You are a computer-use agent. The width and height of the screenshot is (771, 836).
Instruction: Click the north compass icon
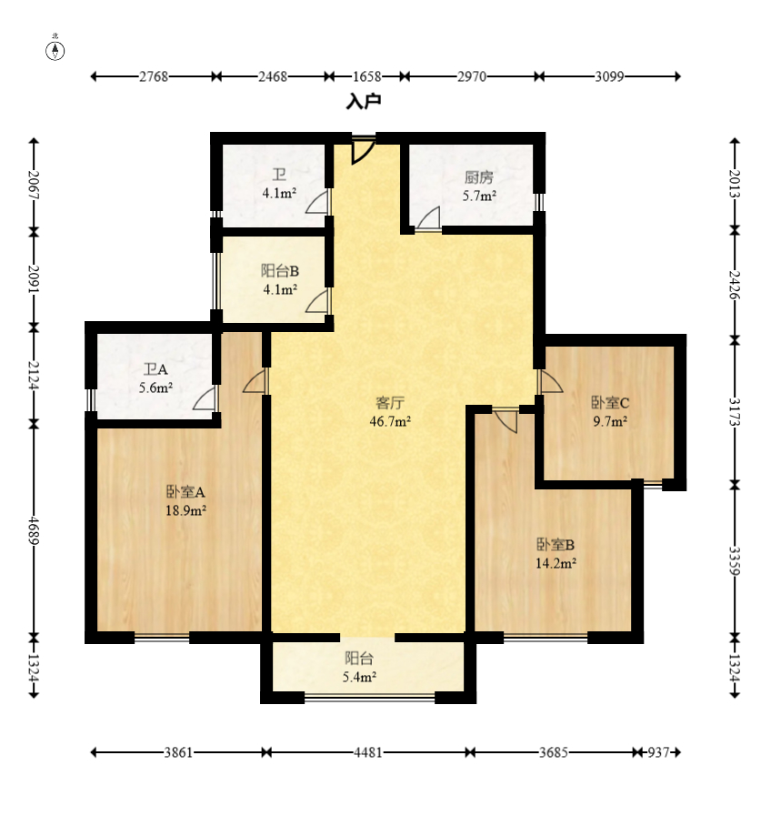55,50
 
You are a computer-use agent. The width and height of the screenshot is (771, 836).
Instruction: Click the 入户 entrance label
364,101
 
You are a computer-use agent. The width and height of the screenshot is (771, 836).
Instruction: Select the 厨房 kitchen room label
479,177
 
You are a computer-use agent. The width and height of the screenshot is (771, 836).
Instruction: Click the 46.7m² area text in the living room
390,421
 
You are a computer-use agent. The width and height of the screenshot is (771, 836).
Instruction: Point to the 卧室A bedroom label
185,491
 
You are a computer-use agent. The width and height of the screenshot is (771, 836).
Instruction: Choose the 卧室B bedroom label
556,544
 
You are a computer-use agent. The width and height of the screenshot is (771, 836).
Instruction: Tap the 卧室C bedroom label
610,403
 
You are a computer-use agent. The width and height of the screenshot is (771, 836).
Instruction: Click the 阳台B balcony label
280,271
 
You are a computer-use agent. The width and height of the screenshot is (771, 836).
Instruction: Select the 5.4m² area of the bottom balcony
360,677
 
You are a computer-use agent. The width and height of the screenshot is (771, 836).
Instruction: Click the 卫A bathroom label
155,369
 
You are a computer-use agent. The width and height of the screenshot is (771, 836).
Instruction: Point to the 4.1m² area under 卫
279,193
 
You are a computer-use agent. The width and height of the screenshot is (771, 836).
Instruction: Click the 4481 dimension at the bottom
368,752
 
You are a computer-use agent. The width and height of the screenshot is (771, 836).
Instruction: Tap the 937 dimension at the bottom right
658,752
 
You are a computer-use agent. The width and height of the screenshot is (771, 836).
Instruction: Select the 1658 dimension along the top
367,76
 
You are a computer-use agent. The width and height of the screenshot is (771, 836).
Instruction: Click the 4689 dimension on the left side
35,530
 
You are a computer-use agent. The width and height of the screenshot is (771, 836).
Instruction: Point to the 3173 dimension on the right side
736,411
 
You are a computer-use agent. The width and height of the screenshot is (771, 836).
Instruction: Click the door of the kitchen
428,218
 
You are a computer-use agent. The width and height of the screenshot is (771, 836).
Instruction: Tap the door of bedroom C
551,382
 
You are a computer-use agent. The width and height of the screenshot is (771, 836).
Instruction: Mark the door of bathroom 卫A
205,398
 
